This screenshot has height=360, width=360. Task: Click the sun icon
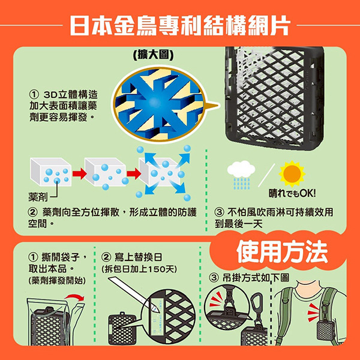(x=292, y=173)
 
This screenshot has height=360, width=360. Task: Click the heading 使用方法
(x=282, y=252)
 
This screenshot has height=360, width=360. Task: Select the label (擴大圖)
(x=154, y=55)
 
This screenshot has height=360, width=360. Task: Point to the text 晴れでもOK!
(x=292, y=194)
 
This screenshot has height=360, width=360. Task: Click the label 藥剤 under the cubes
(x=38, y=197)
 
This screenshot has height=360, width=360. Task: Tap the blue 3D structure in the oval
(x=159, y=104)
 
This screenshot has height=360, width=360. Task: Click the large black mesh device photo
(x=275, y=98)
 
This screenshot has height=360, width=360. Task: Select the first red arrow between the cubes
(x=79, y=173)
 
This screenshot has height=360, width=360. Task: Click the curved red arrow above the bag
(x=74, y=296)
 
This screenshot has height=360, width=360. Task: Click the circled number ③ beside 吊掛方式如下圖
(x=214, y=278)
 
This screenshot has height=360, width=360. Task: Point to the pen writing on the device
(x=134, y=295)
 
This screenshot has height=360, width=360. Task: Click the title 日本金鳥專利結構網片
(x=180, y=25)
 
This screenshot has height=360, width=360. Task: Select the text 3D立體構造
(x=70, y=94)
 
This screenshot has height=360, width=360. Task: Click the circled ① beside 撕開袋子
(x=33, y=257)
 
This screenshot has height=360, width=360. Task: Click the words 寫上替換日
(x=138, y=257)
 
